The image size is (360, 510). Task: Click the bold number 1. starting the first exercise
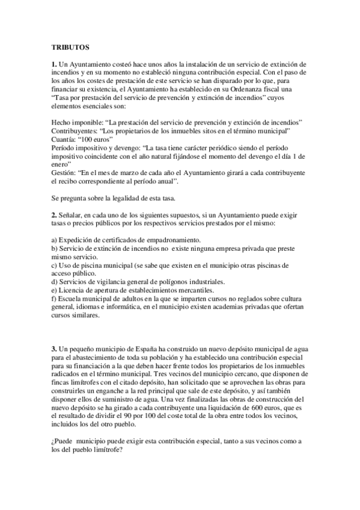point(53,63)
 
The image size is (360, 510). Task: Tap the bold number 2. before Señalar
point(53,215)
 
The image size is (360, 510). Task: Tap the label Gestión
point(64,173)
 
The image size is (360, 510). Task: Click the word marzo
point(140,173)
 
